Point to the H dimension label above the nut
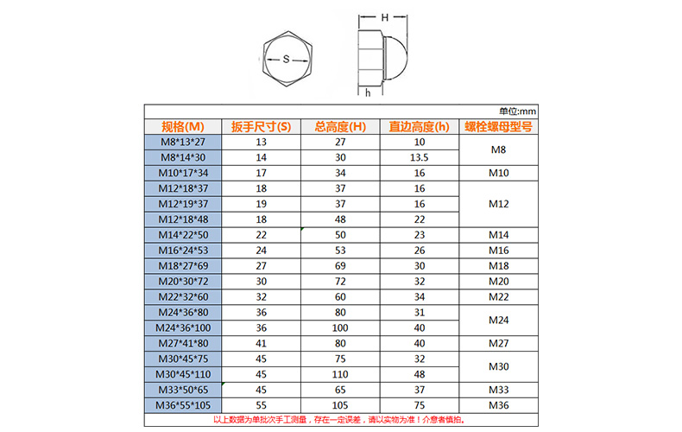384,17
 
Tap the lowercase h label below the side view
367,92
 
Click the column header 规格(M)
183,126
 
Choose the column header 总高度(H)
340,126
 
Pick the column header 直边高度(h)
420,126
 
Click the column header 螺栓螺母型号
498,126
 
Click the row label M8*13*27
183,142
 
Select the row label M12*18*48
183,219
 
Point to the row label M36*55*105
183,405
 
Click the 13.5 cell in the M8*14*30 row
420,157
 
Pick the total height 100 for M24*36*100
340,327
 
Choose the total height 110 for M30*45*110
340,374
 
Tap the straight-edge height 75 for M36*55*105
420,405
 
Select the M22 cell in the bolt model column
498,296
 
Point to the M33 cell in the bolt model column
498,390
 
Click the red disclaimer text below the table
340,420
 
